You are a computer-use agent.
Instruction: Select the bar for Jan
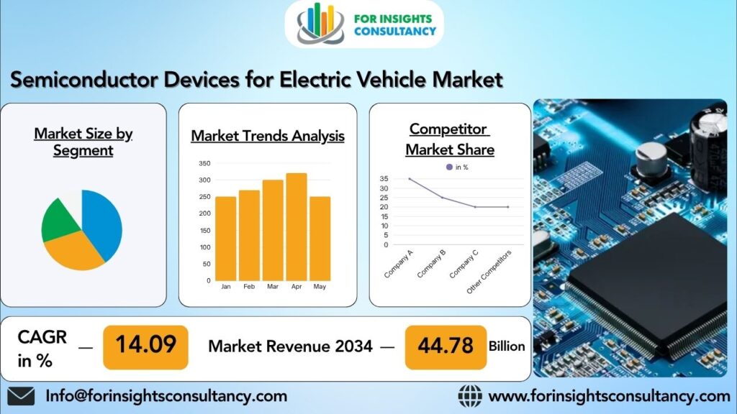pos(226,238)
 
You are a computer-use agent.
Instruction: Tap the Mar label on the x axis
pos(272,287)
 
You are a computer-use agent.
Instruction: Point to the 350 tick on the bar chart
pos(204,164)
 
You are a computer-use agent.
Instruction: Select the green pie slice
pos(59,219)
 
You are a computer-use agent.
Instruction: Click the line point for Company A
pos(410,179)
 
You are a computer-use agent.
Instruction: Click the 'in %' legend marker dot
pos(449,167)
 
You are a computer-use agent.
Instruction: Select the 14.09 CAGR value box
pos(145,346)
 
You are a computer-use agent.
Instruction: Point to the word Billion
pos(507,346)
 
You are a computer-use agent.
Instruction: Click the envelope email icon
pos(21,396)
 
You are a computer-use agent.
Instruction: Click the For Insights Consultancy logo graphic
pos(321,24)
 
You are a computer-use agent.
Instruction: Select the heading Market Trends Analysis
pos(267,136)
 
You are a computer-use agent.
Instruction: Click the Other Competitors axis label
pos(489,272)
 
